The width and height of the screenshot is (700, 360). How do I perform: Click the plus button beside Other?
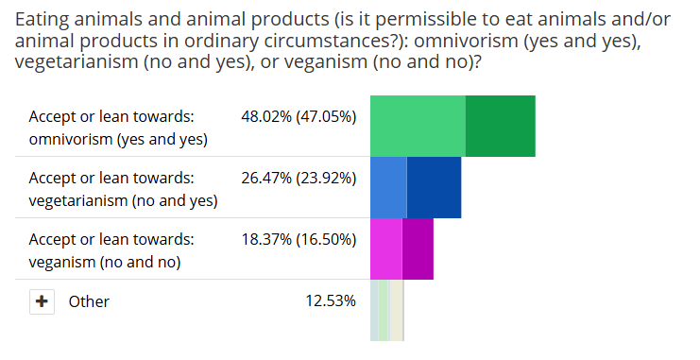pos(42,301)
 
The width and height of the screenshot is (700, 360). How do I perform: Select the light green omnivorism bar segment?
pos(418,126)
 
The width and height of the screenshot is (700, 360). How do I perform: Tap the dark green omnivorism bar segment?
pos(501,126)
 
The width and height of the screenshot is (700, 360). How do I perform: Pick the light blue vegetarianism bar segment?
pos(388,187)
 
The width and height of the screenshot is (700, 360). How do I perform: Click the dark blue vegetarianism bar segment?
pos(434,187)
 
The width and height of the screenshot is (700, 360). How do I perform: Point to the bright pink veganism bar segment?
pos(386,249)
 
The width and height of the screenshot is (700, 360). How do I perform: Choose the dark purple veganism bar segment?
pos(418,249)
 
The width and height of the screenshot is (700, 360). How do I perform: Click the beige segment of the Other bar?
pos(397,311)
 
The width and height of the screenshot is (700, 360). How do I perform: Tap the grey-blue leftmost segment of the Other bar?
pos(374,311)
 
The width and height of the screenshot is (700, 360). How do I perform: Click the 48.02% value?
pos(266,116)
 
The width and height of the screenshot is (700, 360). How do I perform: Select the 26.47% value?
pos(266,179)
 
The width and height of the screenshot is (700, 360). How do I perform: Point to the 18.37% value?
pos(266,240)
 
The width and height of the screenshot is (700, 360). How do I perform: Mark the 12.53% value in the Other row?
pos(331,301)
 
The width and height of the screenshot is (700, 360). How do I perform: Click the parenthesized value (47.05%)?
pos(326,117)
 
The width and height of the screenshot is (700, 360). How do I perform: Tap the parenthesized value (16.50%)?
pos(326,240)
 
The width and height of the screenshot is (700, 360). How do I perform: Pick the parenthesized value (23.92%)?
pos(326,179)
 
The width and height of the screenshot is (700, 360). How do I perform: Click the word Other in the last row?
pos(89,301)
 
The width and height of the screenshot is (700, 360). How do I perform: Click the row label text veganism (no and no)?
pos(105,262)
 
